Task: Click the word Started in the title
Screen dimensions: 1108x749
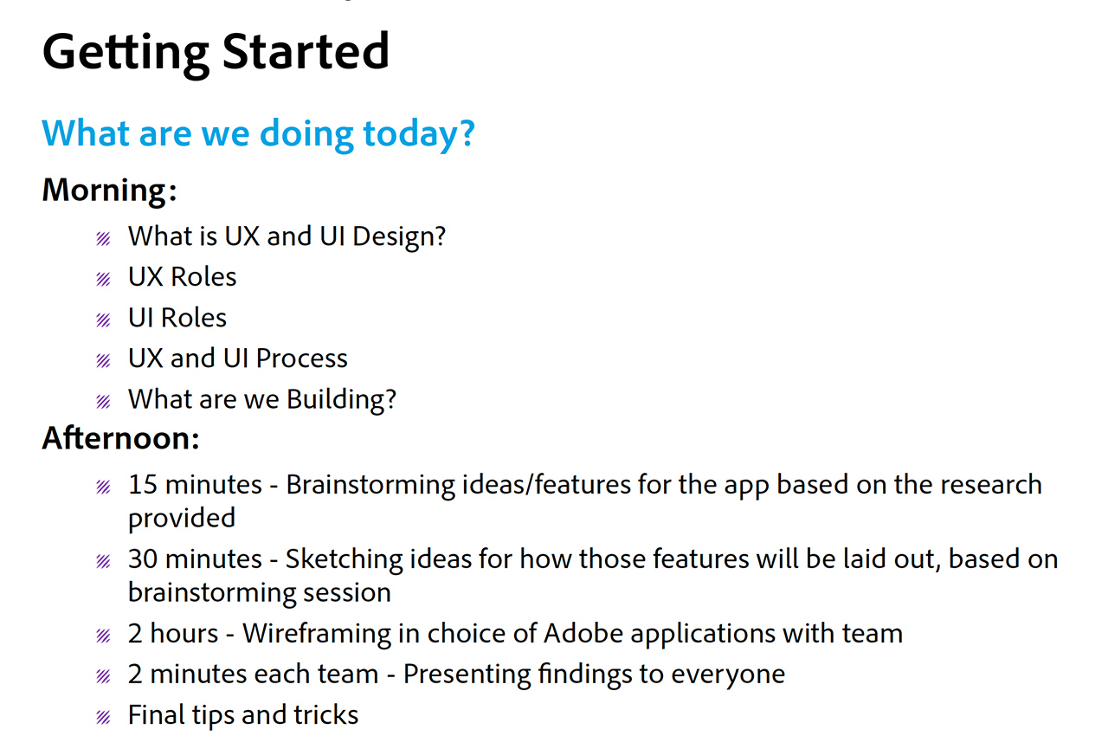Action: [x=306, y=51]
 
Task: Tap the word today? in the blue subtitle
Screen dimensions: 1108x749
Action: [x=419, y=134]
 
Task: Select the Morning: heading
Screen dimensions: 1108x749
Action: [x=109, y=191]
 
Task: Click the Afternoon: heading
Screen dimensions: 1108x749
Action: [x=120, y=438]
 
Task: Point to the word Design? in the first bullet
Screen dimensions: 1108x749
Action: [x=399, y=237]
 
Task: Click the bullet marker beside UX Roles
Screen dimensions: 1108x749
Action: [x=103, y=279]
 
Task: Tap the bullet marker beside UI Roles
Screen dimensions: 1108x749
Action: [x=103, y=320]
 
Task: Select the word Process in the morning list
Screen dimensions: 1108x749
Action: [x=302, y=358]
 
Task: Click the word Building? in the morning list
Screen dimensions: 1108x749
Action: [x=341, y=400]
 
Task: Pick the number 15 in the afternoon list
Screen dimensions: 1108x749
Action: [x=143, y=484]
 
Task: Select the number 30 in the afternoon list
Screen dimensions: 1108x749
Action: [x=143, y=559]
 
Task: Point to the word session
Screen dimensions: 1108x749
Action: [x=347, y=592]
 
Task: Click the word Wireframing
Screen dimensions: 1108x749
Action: [x=324, y=634]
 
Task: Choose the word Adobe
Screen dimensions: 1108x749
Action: [x=583, y=633]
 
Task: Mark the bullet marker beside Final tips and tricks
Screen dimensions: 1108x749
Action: [x=103, y=717]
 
